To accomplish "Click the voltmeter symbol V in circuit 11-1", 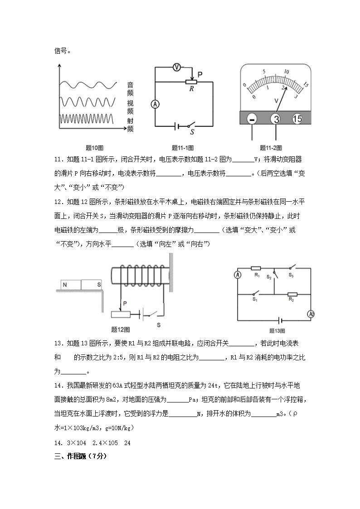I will (x=178, y=67).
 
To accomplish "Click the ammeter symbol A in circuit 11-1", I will (x=155, y=104).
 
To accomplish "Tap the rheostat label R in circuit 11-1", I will (x=191, y=89).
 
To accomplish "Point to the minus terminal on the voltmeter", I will (x=253, y=119).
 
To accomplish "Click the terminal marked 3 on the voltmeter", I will (x=276, y=119).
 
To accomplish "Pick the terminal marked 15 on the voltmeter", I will (x=297, y=119).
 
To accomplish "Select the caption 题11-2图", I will (x=271, y=147).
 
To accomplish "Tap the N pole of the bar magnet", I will (x=65, y=285).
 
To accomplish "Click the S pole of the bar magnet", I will (x=98, y=285).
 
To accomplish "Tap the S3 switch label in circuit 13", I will (x=291, y=275).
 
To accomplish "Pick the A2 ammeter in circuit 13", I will (x=311, y=314).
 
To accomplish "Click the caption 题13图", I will (x=276, y=330).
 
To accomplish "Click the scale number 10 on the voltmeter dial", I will (x=286, y=72).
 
